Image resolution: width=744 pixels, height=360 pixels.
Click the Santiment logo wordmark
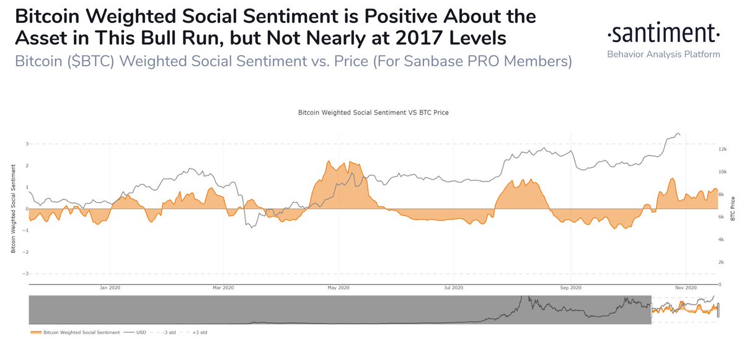(x=663, y=33)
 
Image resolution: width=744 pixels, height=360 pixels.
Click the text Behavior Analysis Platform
(x=663, y=55)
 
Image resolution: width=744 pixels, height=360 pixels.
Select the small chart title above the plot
(x=373, y=113)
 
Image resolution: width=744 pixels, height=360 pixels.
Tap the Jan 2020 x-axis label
(x=110, y=288)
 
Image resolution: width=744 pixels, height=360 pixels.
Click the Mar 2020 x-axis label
(x=223, y=288)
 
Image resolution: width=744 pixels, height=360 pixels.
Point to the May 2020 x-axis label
(x=339, y=288)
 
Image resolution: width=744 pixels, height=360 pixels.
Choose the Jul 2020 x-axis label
(x=453, y=288)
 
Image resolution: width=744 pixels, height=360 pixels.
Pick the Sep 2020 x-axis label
(x=570, y=288)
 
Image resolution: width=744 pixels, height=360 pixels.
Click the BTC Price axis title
(x=733, y=209)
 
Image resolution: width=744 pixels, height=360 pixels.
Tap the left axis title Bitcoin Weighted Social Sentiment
(x=12, y=209)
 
